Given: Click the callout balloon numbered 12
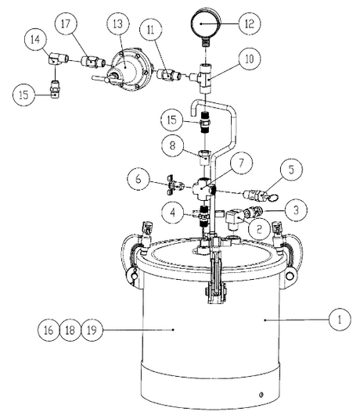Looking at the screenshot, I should click(x=249, y=24).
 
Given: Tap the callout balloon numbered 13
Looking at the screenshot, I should click(x=118, y=24).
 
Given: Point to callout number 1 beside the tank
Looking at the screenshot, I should click(x=339, y=319).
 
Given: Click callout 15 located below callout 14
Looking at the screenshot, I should click(x=23, y=94).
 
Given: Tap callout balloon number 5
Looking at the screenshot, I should click(x=290, y=168).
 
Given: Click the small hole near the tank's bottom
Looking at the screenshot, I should click(x=262, y=394).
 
